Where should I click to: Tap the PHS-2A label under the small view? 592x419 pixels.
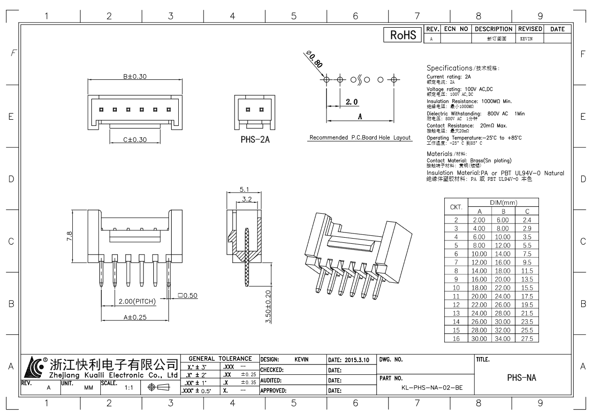pyautogui.click(x=255, y=140)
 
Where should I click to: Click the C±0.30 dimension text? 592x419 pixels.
pyautogui.click(x=135, y=140)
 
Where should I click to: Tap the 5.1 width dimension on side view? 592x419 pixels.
pyautogui.click(x=244, y=189)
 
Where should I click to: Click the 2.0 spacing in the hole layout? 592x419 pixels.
pyautogui.click(x=352, y=102)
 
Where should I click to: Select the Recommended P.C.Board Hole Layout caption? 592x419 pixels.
pyautogui.click(x=360, y=138)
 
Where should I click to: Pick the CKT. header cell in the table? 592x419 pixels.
pyautogui.click(x=456, y=207)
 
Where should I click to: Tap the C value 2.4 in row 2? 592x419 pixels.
pyautogui.click(x=527, y=219)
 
